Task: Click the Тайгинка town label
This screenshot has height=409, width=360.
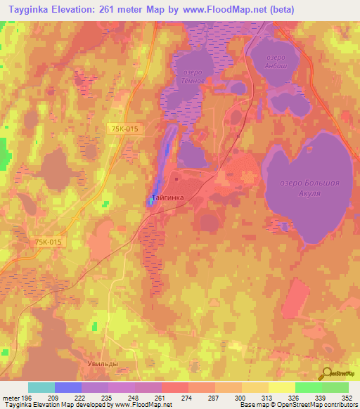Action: pyautogui.click(x=168, y=198)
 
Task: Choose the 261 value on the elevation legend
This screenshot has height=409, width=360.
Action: pyautogui.click(x=161, y=398)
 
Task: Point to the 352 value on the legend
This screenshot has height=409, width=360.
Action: pyautogui.click(x=347, y=398)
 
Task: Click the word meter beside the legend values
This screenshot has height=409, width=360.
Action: pyautogui.click(x=10, y=398)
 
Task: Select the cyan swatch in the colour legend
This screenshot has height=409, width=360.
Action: pyautogui.click(x=41, y=387)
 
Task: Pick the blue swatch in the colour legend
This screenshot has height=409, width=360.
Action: pyautogui.click(x=67, y=387)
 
